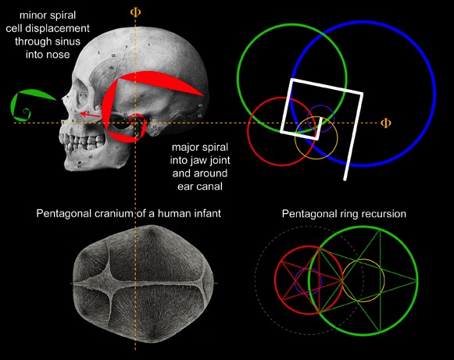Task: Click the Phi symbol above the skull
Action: coord(135,12)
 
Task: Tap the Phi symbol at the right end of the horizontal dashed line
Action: coord(385,123)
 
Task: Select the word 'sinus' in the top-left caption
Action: coord(68,41)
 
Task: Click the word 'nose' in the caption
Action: coord(59,55)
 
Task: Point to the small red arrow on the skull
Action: coord(91,115)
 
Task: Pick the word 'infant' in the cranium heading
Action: coord(207,213)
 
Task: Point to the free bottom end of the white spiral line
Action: coord(345,179)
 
